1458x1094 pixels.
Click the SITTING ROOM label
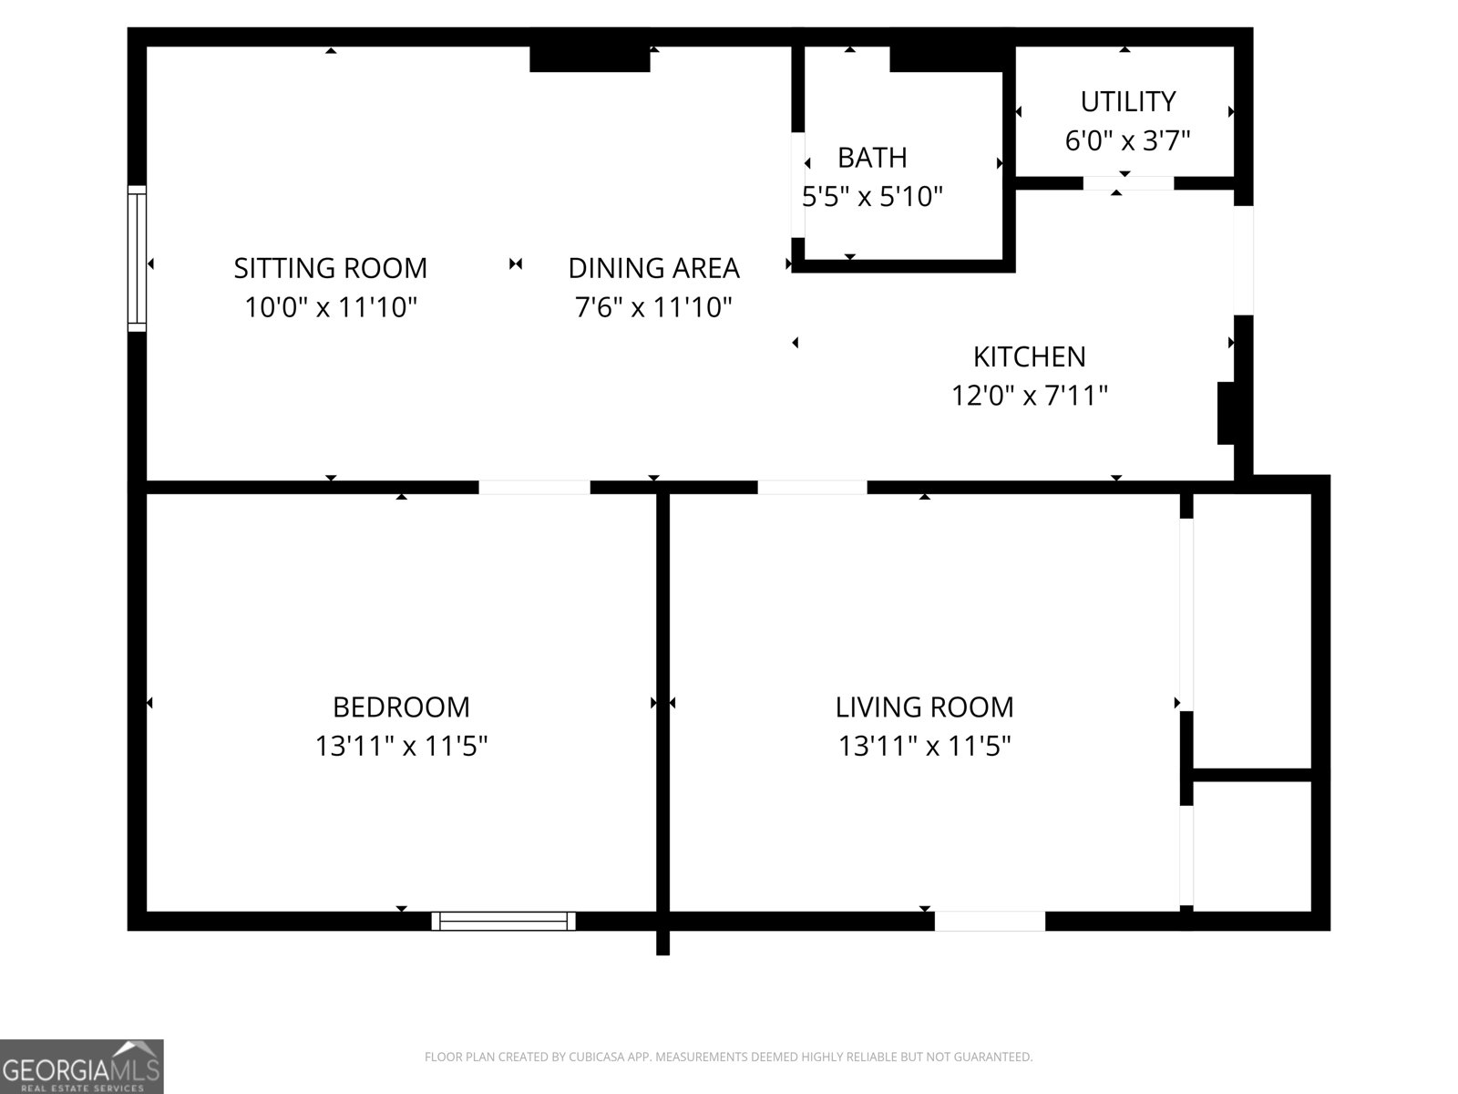click(330, 268)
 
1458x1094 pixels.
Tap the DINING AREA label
click(653, 268)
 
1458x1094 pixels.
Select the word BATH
click(872, 158)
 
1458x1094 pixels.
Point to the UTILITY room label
click(1128, 101)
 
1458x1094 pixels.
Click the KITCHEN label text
click(1030, 357)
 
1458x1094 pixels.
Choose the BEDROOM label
click(401, 707)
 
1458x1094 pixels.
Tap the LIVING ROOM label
click(925, 707)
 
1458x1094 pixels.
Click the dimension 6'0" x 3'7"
click(1128, 140)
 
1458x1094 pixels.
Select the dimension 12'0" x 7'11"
click(1030, 396)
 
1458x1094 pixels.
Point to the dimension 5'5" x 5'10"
click(872, 197)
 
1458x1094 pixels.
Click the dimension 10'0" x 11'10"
click(330, 307)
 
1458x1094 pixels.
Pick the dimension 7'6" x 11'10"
click(653, 307)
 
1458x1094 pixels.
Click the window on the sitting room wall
click(137, 258)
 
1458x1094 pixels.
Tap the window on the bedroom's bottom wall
click(504, 922)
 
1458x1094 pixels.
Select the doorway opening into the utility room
click(1128, 183)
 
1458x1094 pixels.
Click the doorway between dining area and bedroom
click(535, 488)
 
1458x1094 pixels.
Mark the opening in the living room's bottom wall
click(990, 922)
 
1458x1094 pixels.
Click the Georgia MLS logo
click(82, 1067)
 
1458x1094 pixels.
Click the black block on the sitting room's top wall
click(590, 58)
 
